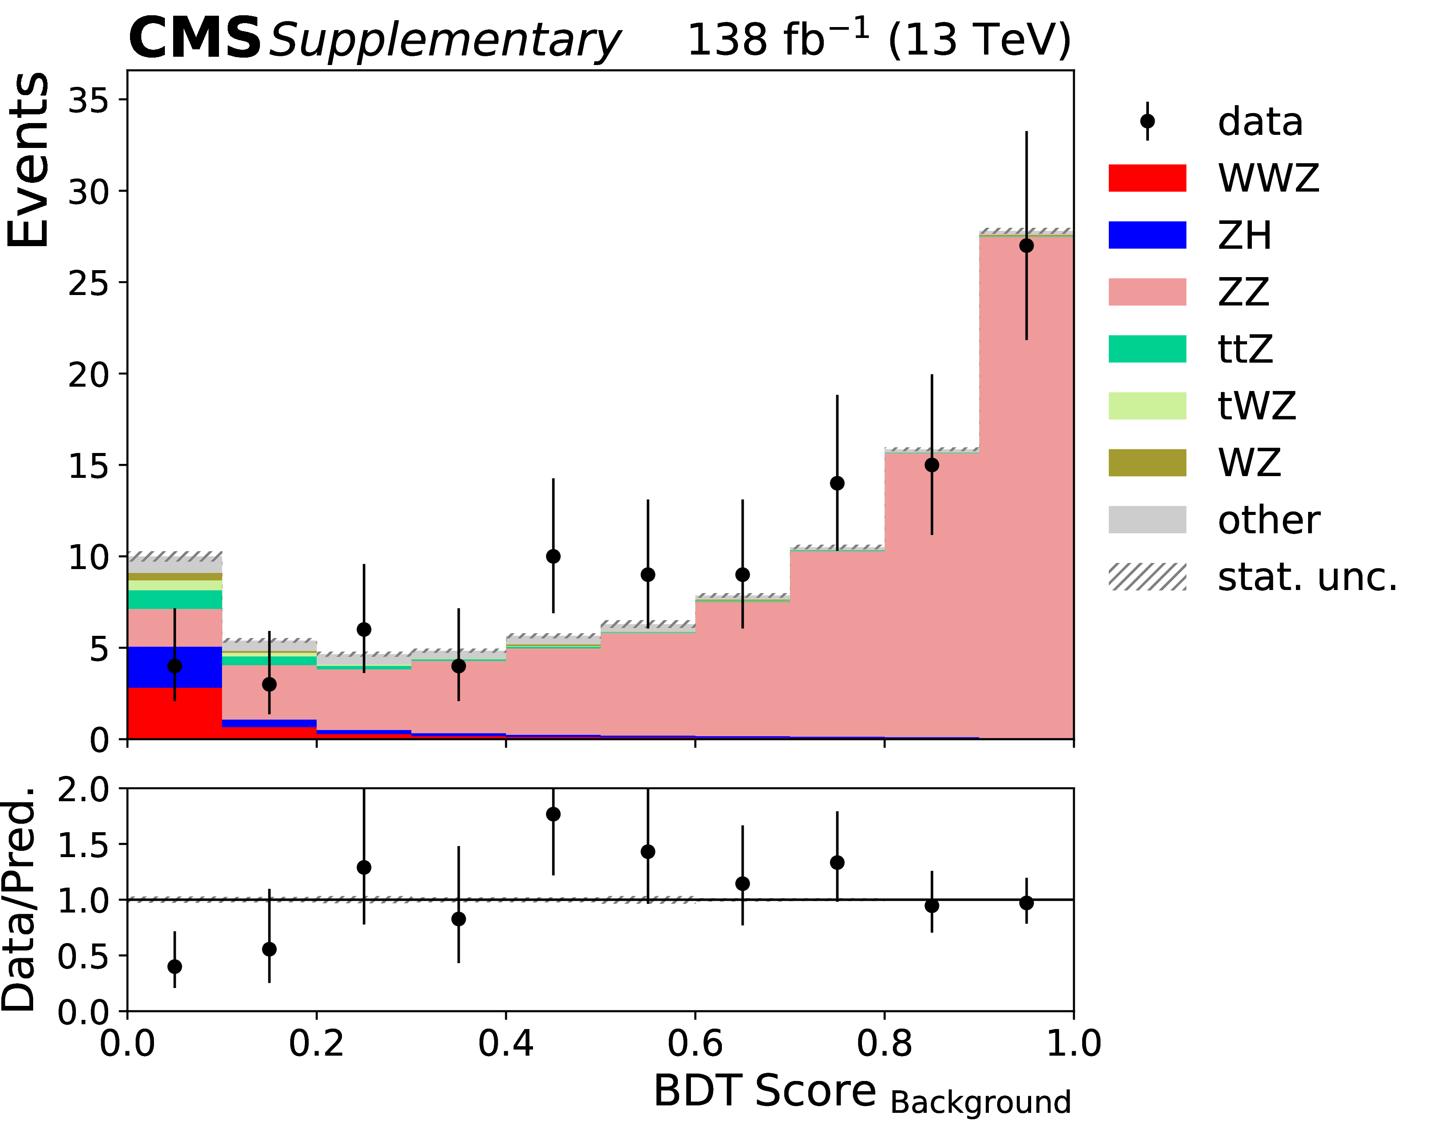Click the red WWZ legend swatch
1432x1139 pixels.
pos(1147,178)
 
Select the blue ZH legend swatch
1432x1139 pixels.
pos(1147,235)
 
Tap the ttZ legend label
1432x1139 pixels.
pos(1245,349)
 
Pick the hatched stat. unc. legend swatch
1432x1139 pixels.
pos(1147,577)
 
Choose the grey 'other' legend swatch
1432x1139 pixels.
pos(1147,520)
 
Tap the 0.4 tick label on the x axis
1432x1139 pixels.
pos(506,1043)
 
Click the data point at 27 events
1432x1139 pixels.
pos(1026,246)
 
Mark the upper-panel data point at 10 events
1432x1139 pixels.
pos(553,556)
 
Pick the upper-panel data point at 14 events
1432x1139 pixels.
pos(837,483)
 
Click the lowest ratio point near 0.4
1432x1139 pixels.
pos(174,966)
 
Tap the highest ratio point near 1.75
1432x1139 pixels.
pos(553,814)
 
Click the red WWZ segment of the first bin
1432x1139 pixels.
pos(174,713)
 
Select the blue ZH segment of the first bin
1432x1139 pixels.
pos(174,667)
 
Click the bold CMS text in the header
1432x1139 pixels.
pos(195,38)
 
